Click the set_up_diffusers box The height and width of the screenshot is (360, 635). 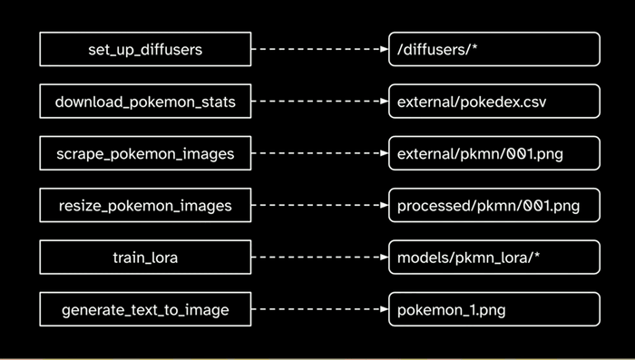pos(145,49)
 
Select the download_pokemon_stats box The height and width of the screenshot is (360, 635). pos(145,102)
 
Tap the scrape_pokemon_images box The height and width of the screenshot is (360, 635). pos(145,153)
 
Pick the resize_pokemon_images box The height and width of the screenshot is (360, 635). pos(145,206)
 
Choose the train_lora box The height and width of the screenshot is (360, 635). pos(145,258)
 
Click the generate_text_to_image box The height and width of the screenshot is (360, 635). pos(145,310)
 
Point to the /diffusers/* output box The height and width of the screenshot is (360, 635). pos(493,49)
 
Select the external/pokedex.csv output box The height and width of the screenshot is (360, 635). pos(493,102)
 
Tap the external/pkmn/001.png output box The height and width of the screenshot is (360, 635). pos(493,153)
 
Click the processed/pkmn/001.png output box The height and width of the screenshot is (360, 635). pos(493,206)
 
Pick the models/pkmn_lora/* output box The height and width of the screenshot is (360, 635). pos(493,258)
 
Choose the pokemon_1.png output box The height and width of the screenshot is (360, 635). pos(493,310)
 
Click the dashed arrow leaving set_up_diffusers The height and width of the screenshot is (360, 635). pos(317,49)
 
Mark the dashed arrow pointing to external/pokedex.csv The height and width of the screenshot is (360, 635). pos(317,102)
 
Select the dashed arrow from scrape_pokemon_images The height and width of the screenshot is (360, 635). pos(317,153)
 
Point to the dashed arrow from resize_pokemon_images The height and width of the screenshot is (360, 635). pos(317,206)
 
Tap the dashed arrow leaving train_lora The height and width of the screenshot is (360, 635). pos(317,258)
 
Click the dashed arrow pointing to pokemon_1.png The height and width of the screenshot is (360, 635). pos(317,310)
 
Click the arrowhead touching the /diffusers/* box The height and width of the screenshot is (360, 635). pos(383,49)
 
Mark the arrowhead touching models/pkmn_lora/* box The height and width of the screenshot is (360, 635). pos(383,258)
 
